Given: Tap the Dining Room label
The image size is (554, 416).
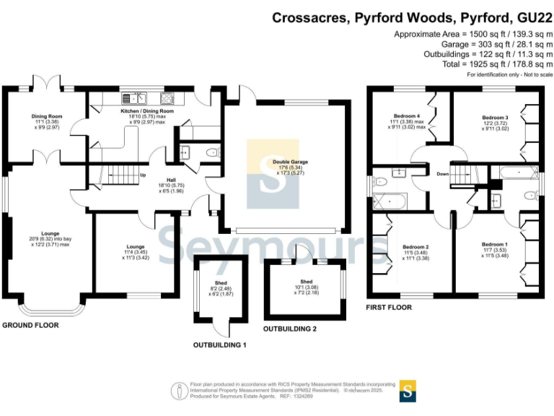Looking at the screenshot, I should click(45, 116).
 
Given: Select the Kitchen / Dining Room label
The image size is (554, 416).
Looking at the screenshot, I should click(147, 111).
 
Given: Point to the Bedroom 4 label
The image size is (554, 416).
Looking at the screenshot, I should click(407, 116).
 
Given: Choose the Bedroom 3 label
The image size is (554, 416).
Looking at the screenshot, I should click(496, 118).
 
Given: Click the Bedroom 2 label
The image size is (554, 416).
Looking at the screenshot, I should click(416, 247).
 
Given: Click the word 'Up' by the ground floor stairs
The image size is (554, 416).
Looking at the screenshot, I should click(143, 175).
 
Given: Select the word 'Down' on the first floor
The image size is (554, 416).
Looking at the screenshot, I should click(443, 174).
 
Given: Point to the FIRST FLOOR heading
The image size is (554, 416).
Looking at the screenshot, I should click(390, 308).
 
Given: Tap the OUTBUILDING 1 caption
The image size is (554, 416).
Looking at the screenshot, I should click(219, 345).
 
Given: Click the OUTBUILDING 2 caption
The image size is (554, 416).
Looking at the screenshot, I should click(290, 329).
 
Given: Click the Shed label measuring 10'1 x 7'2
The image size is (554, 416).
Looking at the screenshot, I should click(307, 281).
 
